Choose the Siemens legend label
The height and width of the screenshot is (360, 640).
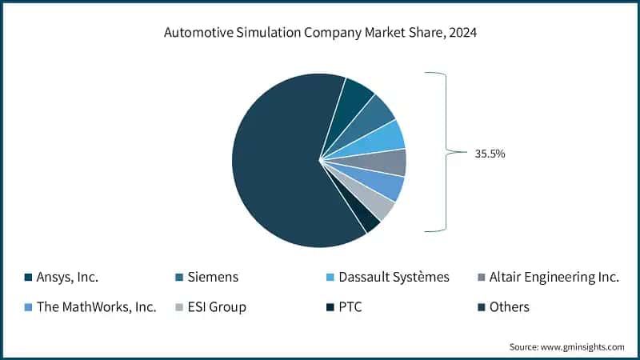click(212, 278)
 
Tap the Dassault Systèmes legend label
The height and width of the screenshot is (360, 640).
click(394, 278)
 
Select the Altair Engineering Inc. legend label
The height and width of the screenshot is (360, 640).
click(554, 278)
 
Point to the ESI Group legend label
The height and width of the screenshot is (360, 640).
click(217, 306)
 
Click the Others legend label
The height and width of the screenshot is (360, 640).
click(509, 306)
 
